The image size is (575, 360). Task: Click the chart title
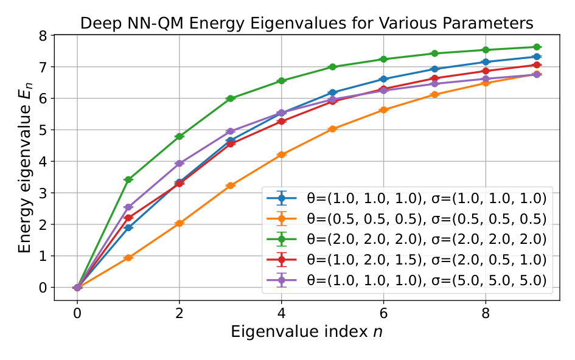tap(307, 23)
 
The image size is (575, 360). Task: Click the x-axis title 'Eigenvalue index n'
tap(307, 333)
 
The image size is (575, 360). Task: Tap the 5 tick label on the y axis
tap(43, 130)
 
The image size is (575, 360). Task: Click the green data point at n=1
tap(128, 179)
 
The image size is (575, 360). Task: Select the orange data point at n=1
tap(128, 258)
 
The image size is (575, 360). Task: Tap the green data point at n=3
tap(231, 99)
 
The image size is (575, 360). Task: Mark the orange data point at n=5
tap(332, 129)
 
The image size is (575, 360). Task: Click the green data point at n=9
tap(537, 47)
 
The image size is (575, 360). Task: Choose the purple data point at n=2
tap(179, 163)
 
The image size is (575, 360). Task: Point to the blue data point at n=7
tap(434, 69)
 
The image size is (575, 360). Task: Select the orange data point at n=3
tap(231, 185)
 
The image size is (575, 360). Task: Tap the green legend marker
tap(281, 238)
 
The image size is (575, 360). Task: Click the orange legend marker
tap(281, 218)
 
